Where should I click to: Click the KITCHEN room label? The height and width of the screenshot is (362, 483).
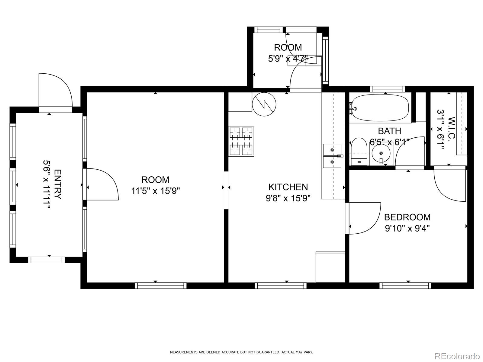(288, 187)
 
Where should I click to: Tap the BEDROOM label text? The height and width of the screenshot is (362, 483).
(407, 217)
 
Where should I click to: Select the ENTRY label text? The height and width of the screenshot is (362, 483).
(58, 184)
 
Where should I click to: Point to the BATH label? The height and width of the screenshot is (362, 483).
(389, 131)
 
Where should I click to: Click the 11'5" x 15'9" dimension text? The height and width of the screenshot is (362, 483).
(156, 191)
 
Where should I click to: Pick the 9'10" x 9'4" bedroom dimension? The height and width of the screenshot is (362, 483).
(407, 229)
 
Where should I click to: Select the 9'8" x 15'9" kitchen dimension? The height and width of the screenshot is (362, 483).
(288, 198)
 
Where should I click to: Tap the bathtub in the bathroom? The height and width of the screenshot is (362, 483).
(380, 108)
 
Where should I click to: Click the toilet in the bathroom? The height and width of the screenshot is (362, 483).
(359, 152)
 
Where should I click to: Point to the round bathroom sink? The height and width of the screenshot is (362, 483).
(381, 153)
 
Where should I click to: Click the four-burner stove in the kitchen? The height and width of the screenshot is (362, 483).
(241, 141)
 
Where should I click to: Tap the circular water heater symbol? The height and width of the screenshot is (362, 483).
(264, 104)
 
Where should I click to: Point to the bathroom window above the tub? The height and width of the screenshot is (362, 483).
(388, 89)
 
